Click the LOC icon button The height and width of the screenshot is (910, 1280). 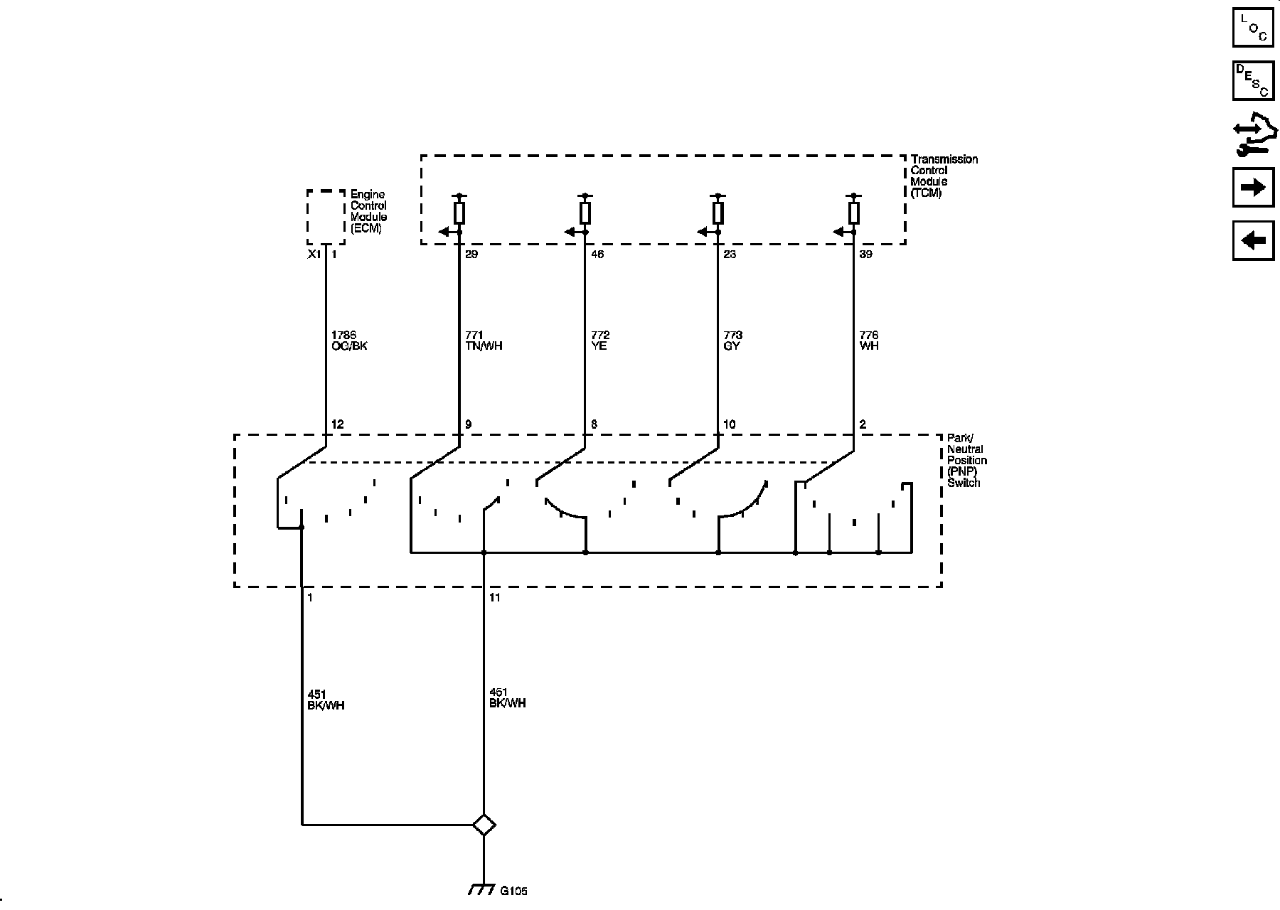click(1253, 27)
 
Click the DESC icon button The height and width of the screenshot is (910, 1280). click(1253, 80)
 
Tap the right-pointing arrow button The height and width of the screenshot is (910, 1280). click(1253, 187)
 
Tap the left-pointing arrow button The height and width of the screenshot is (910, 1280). click(1253, 240)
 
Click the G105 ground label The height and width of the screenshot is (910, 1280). click(513, 891)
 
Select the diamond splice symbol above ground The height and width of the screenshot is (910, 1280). click(484, 825)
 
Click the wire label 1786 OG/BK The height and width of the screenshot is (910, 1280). click(349, 341)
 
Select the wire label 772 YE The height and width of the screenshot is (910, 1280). click(600, 341)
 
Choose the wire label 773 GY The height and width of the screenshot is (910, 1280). click(732, 341)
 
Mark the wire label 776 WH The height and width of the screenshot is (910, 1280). click(869, 341)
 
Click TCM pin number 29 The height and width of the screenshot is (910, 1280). click(471, 255)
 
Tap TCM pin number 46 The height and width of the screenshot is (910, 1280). click(597, 255)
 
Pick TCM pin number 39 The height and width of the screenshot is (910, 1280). click(865, 255)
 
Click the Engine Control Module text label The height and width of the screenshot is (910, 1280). click(368, 211)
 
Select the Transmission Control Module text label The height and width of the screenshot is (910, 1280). click(944, 176)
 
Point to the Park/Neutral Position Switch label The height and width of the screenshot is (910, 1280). click(966, 460)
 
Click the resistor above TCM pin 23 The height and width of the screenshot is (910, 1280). click(718, 213)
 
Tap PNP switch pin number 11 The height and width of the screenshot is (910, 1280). click(495, 598)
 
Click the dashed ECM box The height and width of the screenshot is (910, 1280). click(326, 217)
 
